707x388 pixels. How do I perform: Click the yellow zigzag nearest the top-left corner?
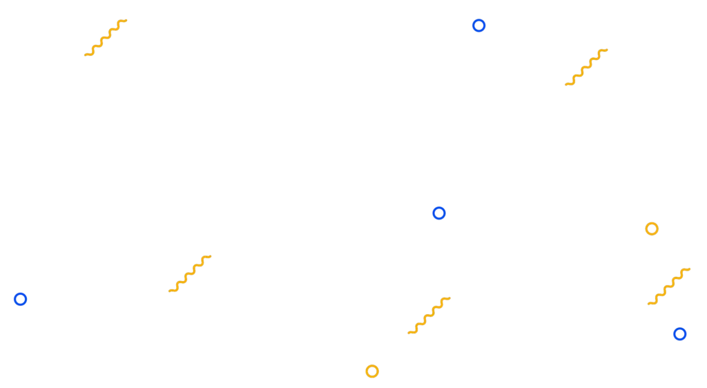tap(107, 38)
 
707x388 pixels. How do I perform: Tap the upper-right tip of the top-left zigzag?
tap(130, 19)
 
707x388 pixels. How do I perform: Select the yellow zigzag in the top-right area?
tap(588, 66)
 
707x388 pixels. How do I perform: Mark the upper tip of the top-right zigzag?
tap(610, 48)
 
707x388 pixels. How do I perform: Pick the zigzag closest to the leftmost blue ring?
tap(191, 273)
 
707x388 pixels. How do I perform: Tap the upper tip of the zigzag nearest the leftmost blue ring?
tap(213, 256)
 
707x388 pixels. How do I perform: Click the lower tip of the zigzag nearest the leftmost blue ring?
tap(168, 290)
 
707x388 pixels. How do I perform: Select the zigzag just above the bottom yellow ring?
tap(428, 316)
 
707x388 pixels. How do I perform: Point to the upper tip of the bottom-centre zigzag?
tap(451, 298)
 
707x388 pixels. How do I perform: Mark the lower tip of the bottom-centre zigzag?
tap(406, 333)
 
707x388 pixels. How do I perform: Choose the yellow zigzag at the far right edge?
tap(670, 286)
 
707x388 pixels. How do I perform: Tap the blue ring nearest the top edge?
tap(478, 26)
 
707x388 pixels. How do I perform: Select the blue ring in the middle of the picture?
tap(439, 213)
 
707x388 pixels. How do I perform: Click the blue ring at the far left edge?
tap(19, 300)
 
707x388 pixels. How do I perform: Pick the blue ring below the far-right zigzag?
tap(679, 334)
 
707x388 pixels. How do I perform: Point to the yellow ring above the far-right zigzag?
tap(652, 229)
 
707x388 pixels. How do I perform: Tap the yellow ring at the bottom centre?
tap(372, 371)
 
